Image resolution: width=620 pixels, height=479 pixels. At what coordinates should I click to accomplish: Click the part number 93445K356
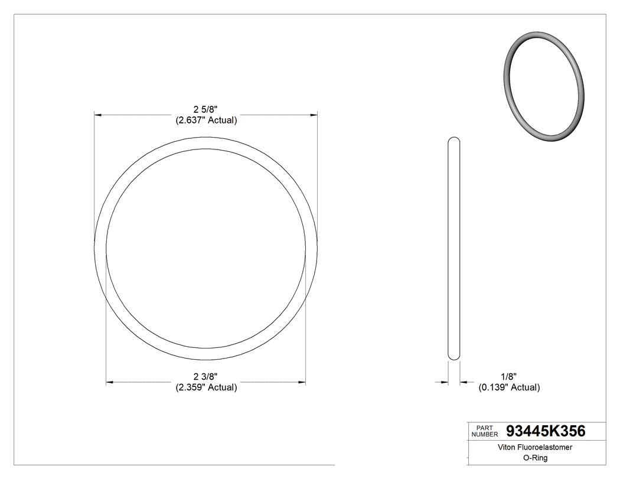point(546,431)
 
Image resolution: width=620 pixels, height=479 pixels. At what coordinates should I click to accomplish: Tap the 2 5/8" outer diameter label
point(205,109)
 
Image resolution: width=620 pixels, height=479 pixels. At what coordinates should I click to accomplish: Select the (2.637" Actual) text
point(205,120)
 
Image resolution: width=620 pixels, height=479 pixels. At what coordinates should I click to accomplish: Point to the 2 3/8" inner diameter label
point(205,376)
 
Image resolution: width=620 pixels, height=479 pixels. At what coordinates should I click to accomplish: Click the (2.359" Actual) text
point(205,387)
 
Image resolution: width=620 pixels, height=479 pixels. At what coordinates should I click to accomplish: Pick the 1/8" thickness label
point(508,376)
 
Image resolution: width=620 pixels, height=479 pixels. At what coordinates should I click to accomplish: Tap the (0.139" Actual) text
point(508,387)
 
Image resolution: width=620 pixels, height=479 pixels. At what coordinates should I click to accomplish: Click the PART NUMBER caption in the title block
point(484,431)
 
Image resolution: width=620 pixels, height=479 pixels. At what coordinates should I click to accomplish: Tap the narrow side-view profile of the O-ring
point(454,248)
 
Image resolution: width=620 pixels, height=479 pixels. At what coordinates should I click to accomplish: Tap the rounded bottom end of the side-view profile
point(454,356)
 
